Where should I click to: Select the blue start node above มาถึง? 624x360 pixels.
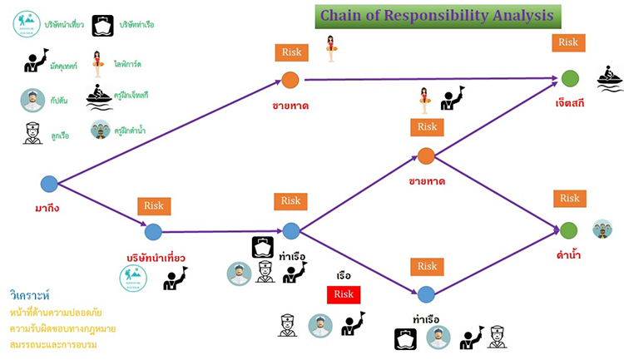(x=49, y=183)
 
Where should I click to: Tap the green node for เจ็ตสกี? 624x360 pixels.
(x=569, y=78)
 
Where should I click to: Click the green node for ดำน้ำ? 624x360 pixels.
(x=568, y=230)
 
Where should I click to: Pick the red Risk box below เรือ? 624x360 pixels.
(x=344, y=294)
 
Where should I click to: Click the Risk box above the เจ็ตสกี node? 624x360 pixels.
(x=569, y=43)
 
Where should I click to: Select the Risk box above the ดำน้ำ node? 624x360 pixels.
(x=569, y=199)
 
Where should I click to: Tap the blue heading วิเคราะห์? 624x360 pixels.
(x=31, y=295)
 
